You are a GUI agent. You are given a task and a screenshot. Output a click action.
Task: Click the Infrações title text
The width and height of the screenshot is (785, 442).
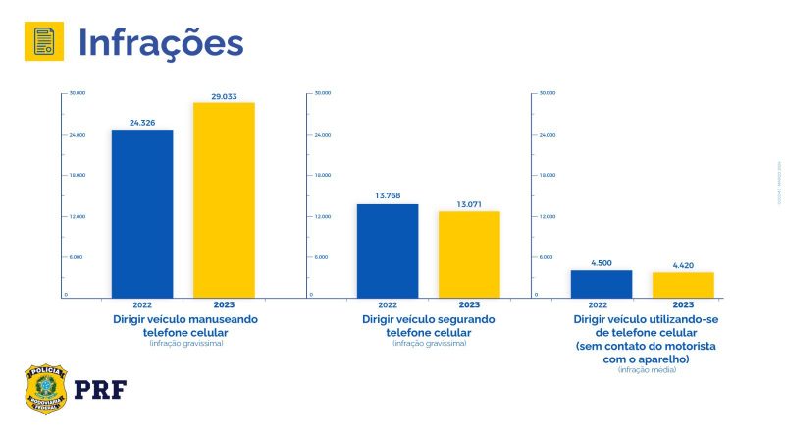click(x=160, y=42)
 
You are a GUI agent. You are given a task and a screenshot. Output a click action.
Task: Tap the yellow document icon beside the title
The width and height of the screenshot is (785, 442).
click(x=43, y=41)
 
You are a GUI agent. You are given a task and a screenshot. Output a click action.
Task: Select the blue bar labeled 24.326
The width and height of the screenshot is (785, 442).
click(x=142, y=213)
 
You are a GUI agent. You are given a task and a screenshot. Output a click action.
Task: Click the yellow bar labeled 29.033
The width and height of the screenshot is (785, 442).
click(x=224, y=199)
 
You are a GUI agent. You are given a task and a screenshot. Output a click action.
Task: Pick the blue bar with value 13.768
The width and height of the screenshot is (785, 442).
click(x=388, y=250)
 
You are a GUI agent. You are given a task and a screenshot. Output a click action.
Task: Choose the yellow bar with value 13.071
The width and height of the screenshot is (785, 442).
click(x=469, y=253)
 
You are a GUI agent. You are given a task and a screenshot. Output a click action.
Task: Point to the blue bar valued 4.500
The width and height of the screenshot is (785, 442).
click(x=602, y=284)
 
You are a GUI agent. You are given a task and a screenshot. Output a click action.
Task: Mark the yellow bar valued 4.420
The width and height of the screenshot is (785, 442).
click(x=683, y=285)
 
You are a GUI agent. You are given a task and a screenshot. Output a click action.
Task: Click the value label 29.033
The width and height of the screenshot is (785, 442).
click(x=224, y=96)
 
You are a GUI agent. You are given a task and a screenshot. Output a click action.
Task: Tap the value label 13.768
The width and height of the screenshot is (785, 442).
click(x=388, y=196)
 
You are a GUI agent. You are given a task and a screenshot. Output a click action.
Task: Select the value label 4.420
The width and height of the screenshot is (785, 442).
click(x=683, y=265)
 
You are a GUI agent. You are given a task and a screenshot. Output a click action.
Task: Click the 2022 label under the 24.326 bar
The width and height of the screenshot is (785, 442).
click(x=142, y=304)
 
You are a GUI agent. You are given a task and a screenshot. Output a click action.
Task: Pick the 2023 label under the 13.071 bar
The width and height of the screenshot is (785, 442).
click(x=469, y=304)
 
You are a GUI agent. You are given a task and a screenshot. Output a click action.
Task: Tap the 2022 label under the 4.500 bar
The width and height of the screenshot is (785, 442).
click(x=602, y=304)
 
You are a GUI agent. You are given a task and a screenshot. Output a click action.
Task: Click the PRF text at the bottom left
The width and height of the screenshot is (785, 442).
click(x=100, y=390)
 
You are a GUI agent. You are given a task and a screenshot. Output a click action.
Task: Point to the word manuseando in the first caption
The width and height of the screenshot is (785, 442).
click(x=219, y=320)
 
